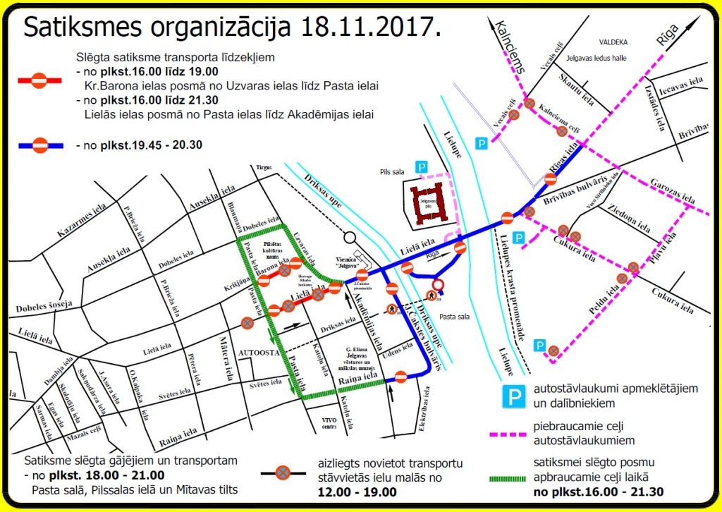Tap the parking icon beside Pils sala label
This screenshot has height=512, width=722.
coord(420,167)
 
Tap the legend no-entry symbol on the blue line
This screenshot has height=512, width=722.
coord(41,146)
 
